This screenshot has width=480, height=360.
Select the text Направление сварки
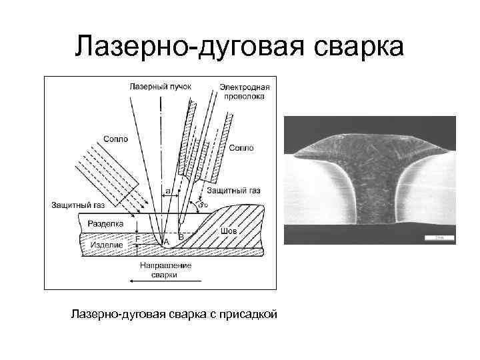coord(166,269)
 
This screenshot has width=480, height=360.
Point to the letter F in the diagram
coord(137,238)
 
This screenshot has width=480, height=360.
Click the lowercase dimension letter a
coord(168,191)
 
